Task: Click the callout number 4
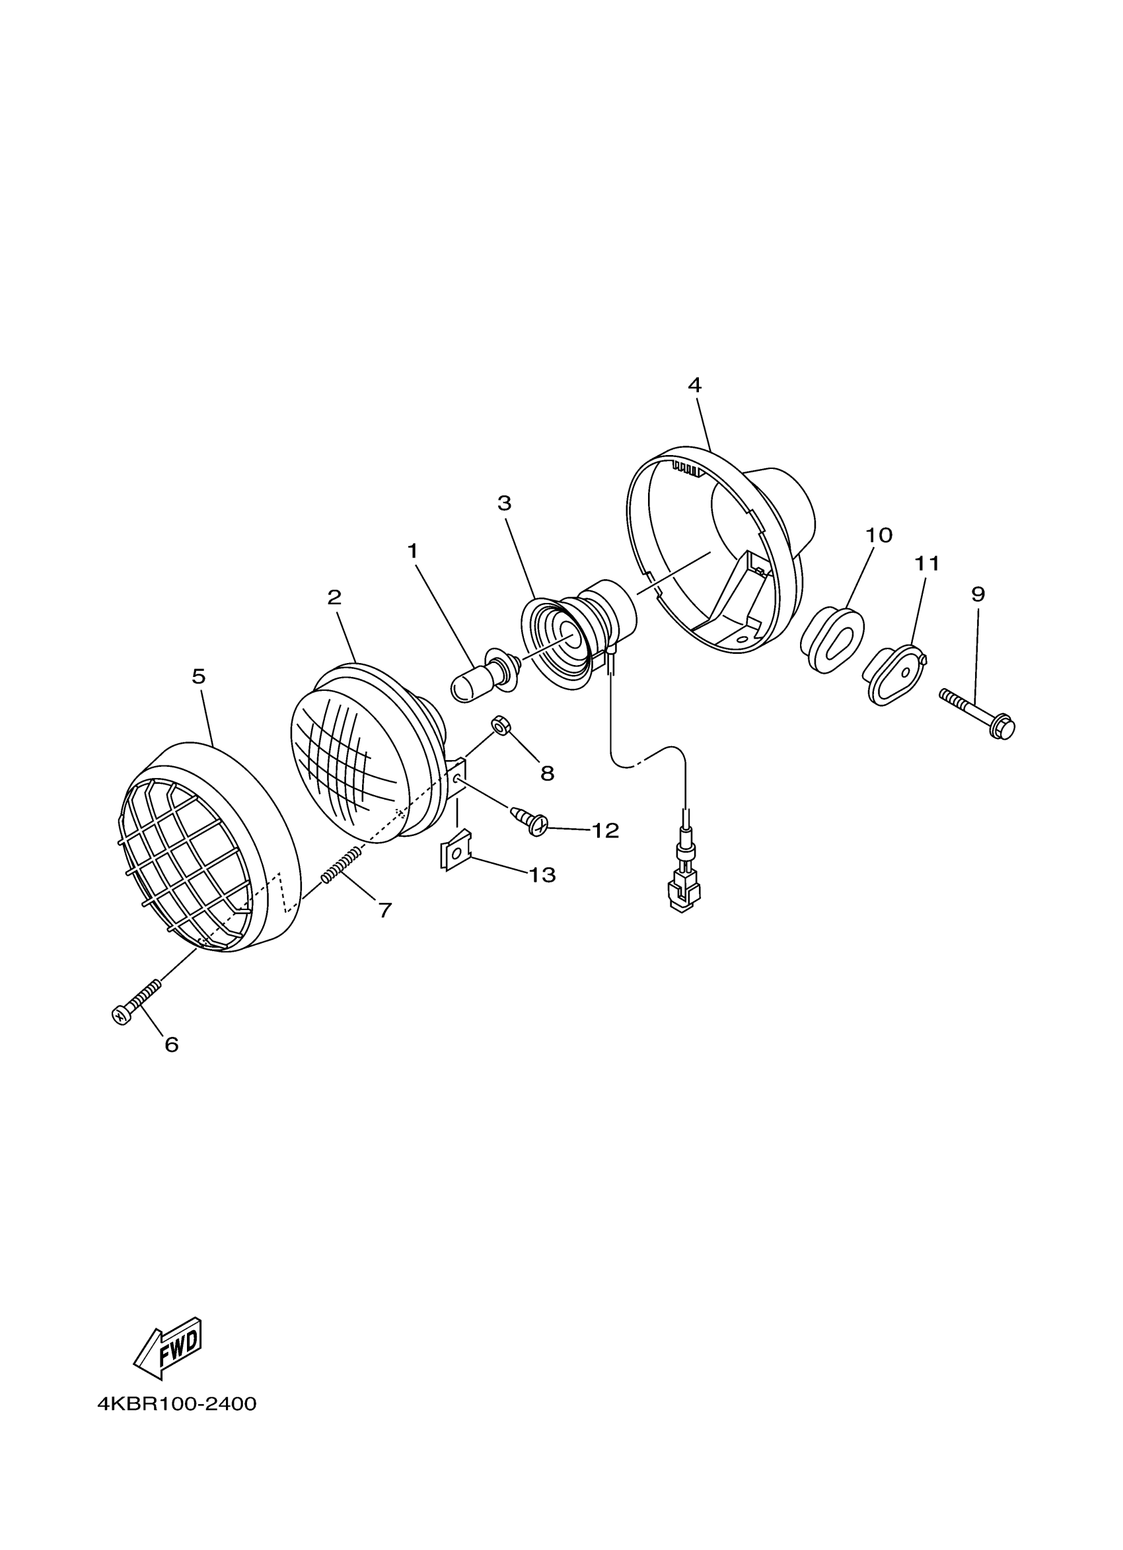[694, 386]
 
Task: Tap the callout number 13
[542, 875]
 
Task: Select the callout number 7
[386, 909]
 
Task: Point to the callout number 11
[927, 564]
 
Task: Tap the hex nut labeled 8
[500, 726]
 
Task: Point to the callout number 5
[198, 676]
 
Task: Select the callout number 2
[334, 597]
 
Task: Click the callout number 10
[879, 535]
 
